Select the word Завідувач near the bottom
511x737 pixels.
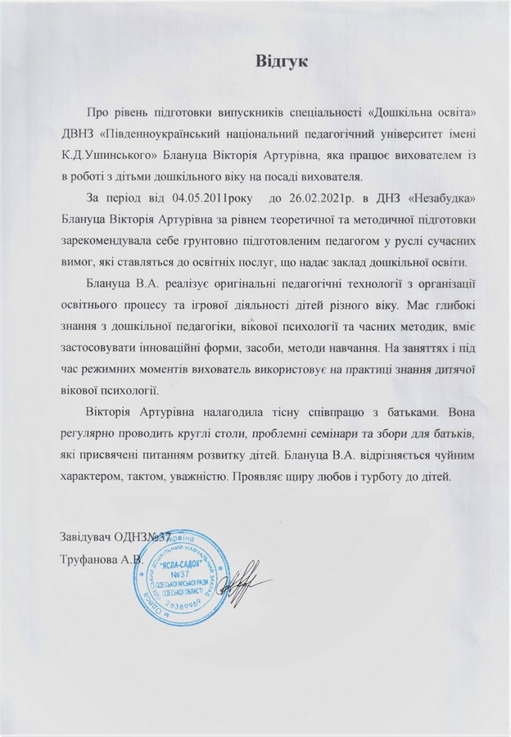(89, 537)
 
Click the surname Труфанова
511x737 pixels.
(90, 559)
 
